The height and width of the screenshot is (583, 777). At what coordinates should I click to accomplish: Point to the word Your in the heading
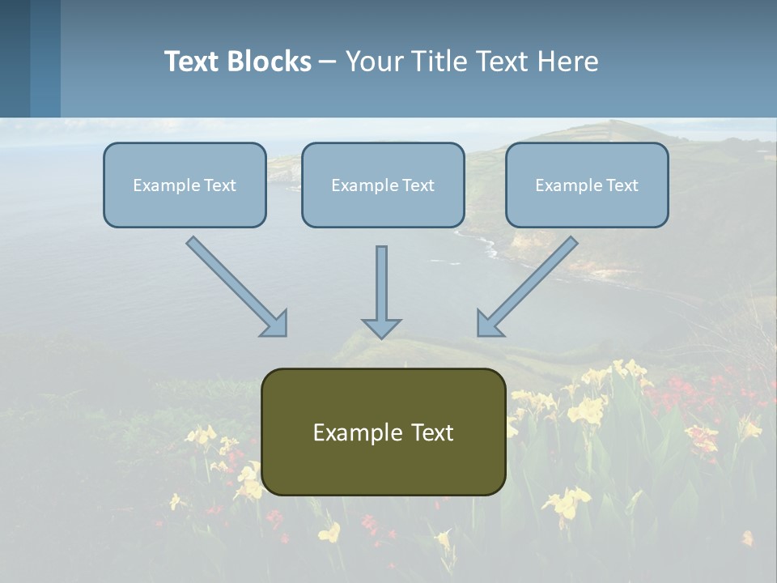373,62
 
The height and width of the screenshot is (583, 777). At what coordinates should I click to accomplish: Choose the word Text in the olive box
431,432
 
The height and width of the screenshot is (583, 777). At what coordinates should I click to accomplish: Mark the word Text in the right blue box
622,185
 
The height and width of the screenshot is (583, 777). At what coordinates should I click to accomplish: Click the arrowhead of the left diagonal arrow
275,324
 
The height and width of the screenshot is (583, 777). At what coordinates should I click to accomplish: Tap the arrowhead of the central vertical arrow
381,328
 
